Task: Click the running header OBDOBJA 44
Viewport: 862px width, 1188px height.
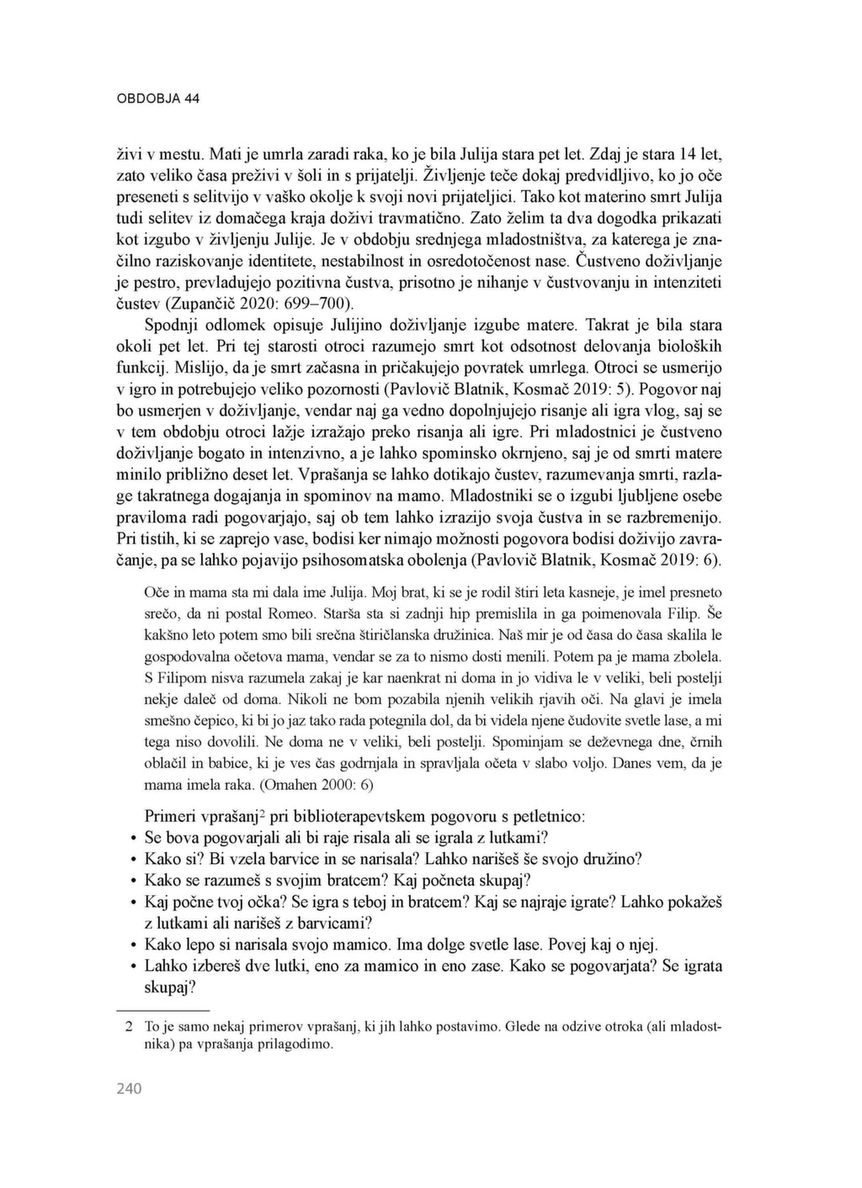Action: coord(157,98)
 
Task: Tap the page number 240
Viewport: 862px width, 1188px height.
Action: coord(129,1089)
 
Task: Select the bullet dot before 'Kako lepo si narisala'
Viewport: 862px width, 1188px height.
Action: coord(133,945)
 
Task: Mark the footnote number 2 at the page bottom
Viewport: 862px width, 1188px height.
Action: coord(129,1026)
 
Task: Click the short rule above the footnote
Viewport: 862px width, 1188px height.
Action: coord(162,1009)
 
